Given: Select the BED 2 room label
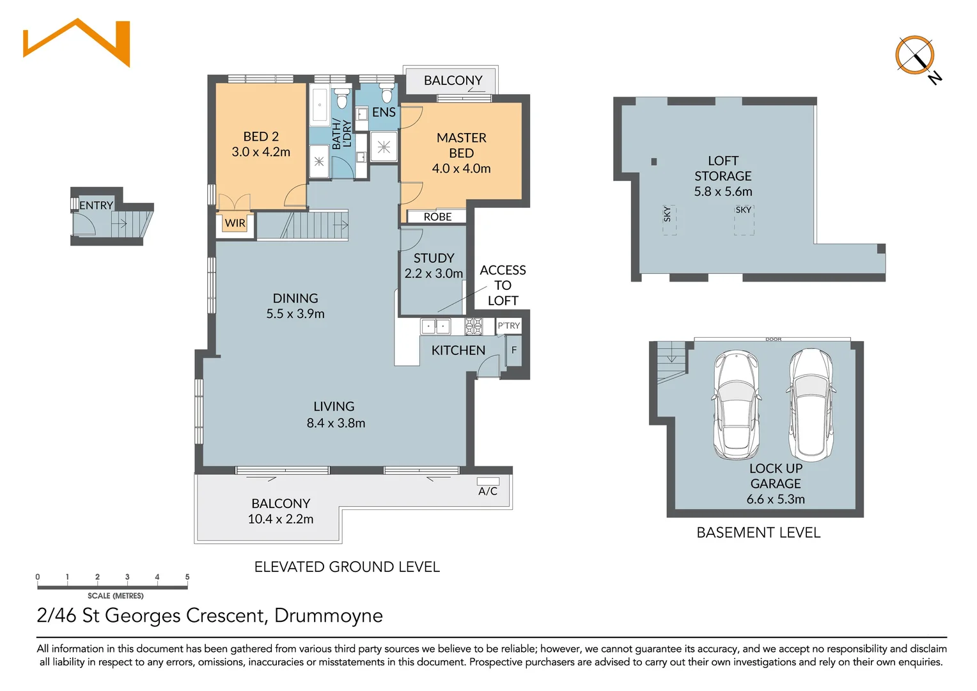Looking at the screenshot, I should point(261,136).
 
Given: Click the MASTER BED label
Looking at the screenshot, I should point(461,145).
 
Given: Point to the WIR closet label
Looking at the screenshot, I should point(235,223).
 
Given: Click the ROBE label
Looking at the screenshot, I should point(437,217).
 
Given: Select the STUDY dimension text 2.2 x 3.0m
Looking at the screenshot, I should point(434,273).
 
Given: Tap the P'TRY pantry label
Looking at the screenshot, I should point(509,326).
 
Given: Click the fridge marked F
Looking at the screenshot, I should point(514,351).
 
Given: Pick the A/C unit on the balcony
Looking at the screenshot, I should point(488,482).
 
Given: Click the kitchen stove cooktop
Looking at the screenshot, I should point(474,326).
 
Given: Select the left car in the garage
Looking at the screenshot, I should point(737,404).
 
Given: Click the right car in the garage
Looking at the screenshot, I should point(811,404).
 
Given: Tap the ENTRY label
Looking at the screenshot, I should point(96,205).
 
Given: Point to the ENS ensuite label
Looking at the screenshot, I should point(384,113).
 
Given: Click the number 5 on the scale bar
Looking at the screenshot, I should point(187,577).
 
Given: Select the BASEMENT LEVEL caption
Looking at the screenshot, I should point(758,532).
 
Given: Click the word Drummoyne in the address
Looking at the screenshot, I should point(329,616).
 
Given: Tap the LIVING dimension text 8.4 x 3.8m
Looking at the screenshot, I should point(336,423).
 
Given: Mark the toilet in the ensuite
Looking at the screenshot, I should point(386,93).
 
